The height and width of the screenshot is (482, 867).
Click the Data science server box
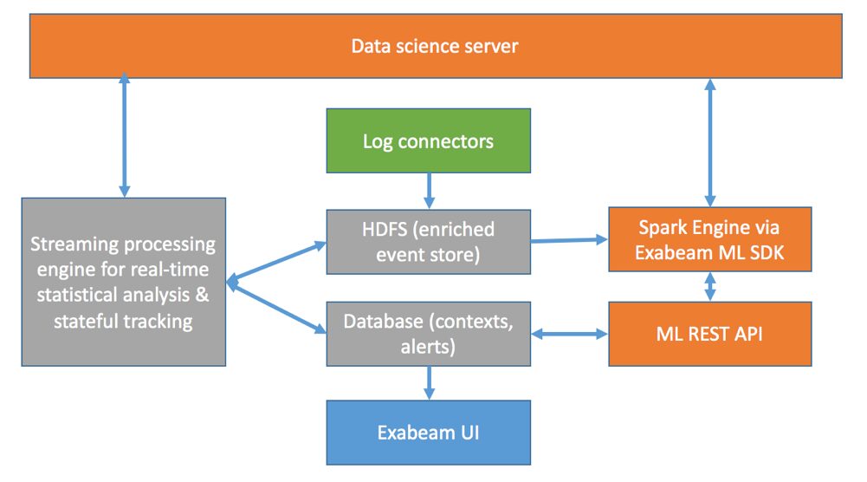tap(434, 46)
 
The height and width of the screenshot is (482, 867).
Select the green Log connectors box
tap(428, 140)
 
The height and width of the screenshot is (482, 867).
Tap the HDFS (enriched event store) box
tap(428, 240)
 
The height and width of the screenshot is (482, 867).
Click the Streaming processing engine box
tap(124, 282)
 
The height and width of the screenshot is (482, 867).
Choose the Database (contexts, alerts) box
tap(428, 333)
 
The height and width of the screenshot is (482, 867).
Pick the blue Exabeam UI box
tap(428, 432)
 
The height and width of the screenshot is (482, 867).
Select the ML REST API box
tap(709, 333)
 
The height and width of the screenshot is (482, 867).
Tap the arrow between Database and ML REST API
tap(569, 334)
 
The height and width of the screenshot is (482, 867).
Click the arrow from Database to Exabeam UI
tap(428, 381)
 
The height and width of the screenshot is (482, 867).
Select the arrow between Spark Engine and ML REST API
tap(710, 287)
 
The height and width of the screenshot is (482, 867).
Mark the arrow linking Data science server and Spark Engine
tap(710, 142)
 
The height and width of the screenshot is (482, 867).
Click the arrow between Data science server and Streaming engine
tap(124, 136)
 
